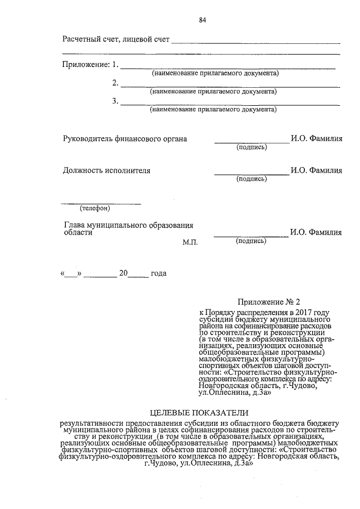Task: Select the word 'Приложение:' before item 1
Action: click(x=85, y=64)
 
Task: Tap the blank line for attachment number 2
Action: click(x=230, y=86)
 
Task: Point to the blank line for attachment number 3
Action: click(x=230, y=105)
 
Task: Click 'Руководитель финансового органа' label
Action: click(x=124, y=139)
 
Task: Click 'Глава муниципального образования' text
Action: click(x=129, y=225)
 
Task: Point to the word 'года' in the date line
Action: click(x=159, y=274)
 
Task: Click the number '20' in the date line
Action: click(x=124, y=274)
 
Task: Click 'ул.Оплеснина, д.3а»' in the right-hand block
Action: click(x=236, y=393)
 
